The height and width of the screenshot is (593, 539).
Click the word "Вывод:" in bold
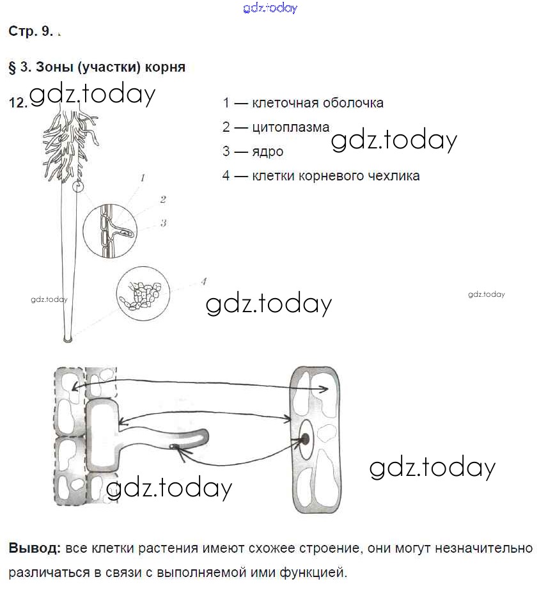click(x=35, y=549)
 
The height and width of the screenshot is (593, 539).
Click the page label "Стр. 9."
click(x=31, y=31)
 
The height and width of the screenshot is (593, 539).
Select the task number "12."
click(x=18, y=103)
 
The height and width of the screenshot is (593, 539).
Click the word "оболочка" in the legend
click(x=354, y=103)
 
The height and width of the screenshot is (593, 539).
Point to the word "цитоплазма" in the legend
click(x=291, y=127)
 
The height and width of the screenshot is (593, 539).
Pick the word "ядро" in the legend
click(x=268, y=152)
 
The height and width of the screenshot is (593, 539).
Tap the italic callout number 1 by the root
click(x=143, y=178)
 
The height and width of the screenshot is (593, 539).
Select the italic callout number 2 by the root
click(x=163, y=200)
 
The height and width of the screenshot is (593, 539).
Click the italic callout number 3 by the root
click(x=164, y=223)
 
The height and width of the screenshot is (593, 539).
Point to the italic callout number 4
click(x=203, y=280)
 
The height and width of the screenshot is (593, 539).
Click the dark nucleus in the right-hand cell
click(x=306, y=439)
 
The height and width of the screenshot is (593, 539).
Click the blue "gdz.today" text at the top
click(x=270, y=8)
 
